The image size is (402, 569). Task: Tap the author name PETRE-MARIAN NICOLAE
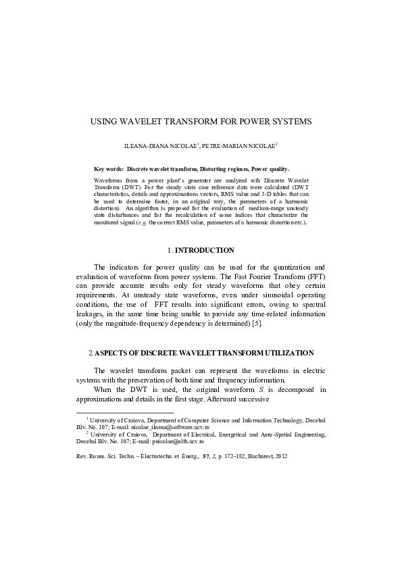238,146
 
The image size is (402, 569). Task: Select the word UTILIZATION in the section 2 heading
286,353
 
